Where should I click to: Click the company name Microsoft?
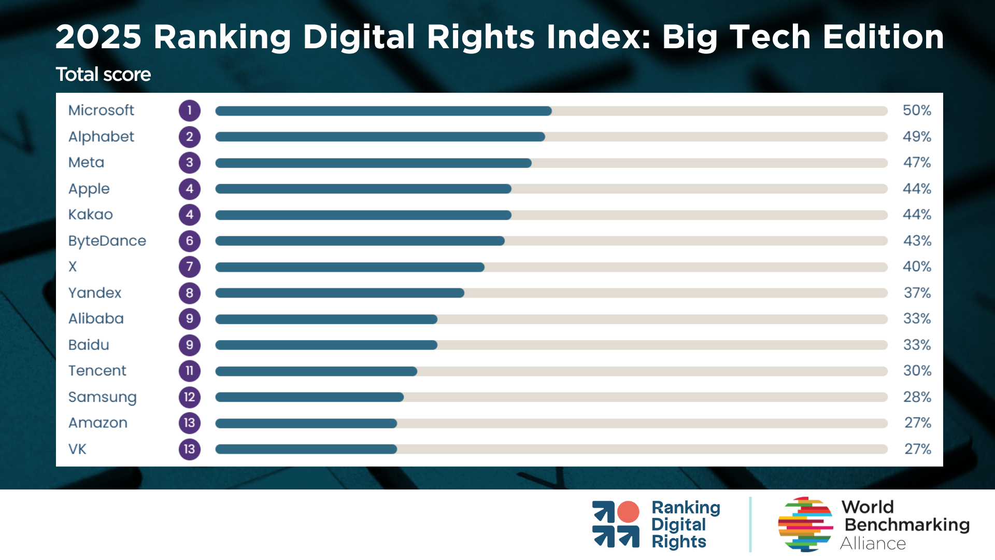point(101,110)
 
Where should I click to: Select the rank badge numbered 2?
point(190,137)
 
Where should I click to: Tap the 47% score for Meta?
point(917,163)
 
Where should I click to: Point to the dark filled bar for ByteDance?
point(360,241)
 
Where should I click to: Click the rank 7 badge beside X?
point(190,267)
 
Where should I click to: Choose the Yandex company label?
point(95,293)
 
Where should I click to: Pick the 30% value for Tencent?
point(917,371)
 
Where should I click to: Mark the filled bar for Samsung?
point(309,397)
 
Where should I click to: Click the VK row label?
point(77,449)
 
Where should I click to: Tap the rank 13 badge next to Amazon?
point(190,423)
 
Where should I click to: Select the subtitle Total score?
point(103,75)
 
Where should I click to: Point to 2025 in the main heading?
point(98,37)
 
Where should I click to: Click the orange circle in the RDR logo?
point(628,512)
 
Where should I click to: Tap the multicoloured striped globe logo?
point(805,524)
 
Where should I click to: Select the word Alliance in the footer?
point(873,543)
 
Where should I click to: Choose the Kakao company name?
point(91,215)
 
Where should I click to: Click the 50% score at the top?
point(917,110)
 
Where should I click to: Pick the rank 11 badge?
point(190,371)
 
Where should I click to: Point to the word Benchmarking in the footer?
point(907,525)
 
